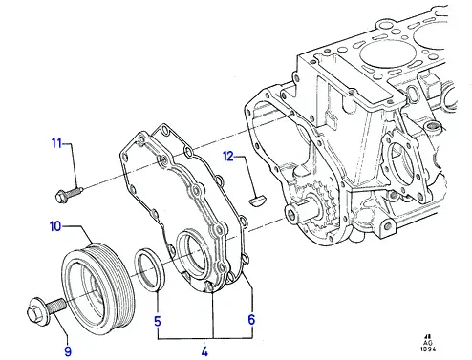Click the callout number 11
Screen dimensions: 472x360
click(x=56, y=143)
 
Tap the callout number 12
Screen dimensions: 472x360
click(x=228, y=157)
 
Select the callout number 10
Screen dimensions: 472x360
click(x=55, y=226)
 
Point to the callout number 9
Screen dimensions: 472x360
click(x=68, y=351)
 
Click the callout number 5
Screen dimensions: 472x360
click(x=158, y=322)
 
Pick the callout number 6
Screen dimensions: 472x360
click(x=251, y=319)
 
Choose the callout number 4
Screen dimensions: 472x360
click(x=204, y=351)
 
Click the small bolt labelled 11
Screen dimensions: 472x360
click(x=69, y=194)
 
